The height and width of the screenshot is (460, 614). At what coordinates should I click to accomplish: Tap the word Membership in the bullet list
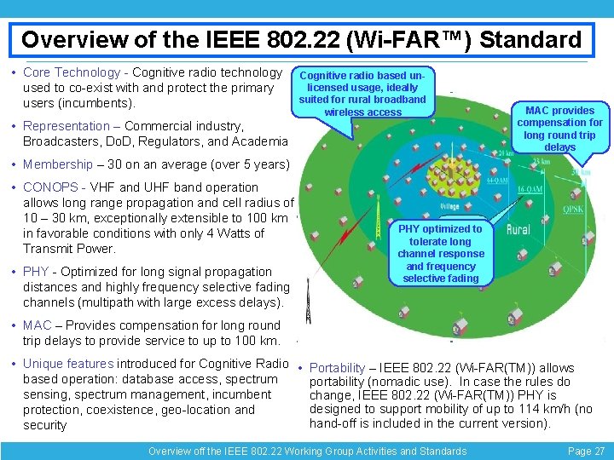(x=58, y=164)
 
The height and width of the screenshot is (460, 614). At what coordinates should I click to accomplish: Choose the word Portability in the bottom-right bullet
(x=337, y=368)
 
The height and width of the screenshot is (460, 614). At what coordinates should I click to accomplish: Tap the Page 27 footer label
(x=586, y=451)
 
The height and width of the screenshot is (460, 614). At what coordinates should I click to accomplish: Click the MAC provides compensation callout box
(x=560, y=129)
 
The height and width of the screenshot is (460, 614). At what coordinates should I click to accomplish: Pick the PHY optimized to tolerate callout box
(x=440, y=253)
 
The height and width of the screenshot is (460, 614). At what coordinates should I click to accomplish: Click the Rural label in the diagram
(x=518, y=230)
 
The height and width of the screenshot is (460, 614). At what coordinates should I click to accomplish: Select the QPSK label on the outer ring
(x=573, y=207)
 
